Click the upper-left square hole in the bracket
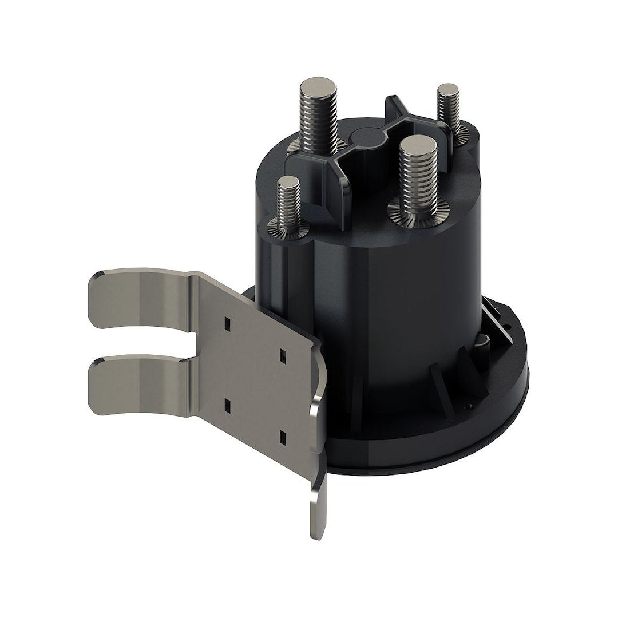coord(227,322)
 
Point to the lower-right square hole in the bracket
coord(282,437)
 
